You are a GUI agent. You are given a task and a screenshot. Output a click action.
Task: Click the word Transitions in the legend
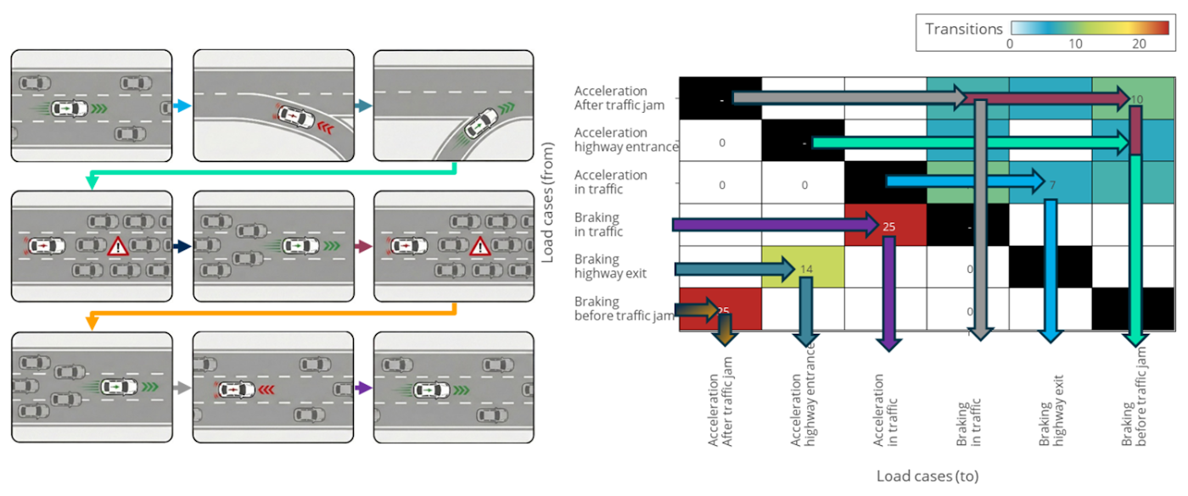tap(963, 29)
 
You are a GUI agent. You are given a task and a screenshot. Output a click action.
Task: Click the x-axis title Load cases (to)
tap(927, 476)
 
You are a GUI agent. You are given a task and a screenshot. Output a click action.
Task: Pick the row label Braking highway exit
tap(610, 266)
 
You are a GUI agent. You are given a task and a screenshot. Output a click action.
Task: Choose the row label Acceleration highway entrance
tap(625, 140)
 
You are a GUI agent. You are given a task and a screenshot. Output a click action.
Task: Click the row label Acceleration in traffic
tap(610, 181)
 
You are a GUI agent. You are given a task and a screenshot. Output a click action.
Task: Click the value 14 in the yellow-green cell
tap(807, 269)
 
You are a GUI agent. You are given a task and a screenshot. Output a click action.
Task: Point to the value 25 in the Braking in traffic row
tap(888, 226)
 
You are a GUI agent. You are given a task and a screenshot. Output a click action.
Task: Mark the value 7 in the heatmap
tap(1051, 184)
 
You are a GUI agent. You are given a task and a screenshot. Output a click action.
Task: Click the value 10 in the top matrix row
tap(1136, 99)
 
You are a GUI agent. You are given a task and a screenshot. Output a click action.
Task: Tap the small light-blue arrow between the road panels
tap(182, 107)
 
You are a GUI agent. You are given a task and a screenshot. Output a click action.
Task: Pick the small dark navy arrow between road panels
tap(182, 246)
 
